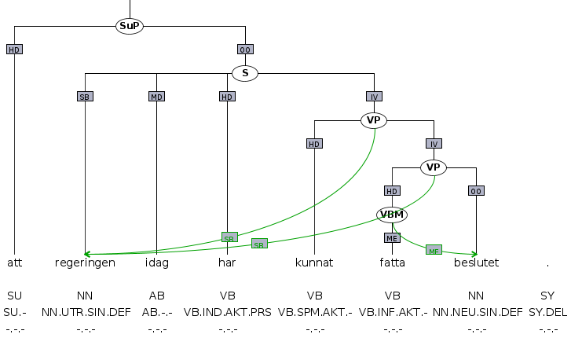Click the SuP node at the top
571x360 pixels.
point(130,26)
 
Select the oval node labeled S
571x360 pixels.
point(245,73)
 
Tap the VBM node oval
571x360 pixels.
point(392,215)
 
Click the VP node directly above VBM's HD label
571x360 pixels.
point(433,167)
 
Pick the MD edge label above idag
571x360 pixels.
point(156,97)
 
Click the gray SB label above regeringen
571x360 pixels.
point(85,97)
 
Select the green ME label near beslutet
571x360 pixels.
point(434,250)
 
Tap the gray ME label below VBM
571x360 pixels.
point(392,237)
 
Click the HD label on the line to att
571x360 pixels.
point(14,50)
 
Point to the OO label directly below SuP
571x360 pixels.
point(245,50)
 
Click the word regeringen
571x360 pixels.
point(85,263)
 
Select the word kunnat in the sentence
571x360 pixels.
point(314,263)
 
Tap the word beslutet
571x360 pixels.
point(476,263)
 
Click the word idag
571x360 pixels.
point(157,263)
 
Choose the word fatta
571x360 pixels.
point(392,263)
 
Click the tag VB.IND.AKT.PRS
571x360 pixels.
point(228,312)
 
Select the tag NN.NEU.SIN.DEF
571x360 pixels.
point(476,312)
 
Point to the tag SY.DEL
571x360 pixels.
point(547,312)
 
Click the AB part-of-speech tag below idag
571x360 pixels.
point(157,296)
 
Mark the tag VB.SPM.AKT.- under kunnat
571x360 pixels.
point(314,312)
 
